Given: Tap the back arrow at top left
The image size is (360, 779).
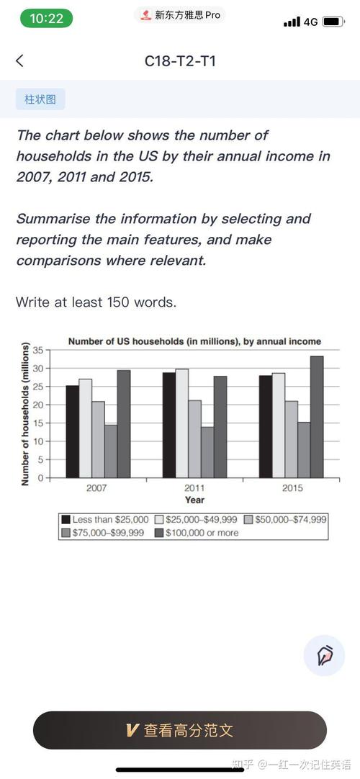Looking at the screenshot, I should click(x=19, y=61).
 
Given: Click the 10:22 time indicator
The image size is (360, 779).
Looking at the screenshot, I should click(x=47, y=19).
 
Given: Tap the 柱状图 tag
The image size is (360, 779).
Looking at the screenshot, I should click(x=40, y=99).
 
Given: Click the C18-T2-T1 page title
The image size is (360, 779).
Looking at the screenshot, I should click(x=180, y=61).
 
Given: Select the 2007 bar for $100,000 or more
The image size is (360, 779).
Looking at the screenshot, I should click(x=124, y=423).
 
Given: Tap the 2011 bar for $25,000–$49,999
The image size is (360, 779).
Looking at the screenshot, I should click(x=181, y=423).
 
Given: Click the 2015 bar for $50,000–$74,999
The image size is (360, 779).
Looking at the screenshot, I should click(x=291, y=439).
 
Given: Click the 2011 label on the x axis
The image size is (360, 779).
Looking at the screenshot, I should click(x=194, y=488).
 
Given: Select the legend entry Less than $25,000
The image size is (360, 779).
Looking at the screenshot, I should click(x=105, y=519).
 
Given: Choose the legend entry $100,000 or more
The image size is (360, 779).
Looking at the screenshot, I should click(x=195, y=533).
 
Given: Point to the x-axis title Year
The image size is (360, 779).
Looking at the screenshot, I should click(x=194, y=500).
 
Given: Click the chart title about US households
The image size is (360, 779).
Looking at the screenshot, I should click(x=194, y=341).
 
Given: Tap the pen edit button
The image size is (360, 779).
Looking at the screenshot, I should click(x=324, y=655).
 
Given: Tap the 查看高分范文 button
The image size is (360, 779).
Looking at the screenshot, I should click(x=180, y=730).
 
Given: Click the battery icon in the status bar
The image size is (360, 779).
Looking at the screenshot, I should click(x=333, y=22).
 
